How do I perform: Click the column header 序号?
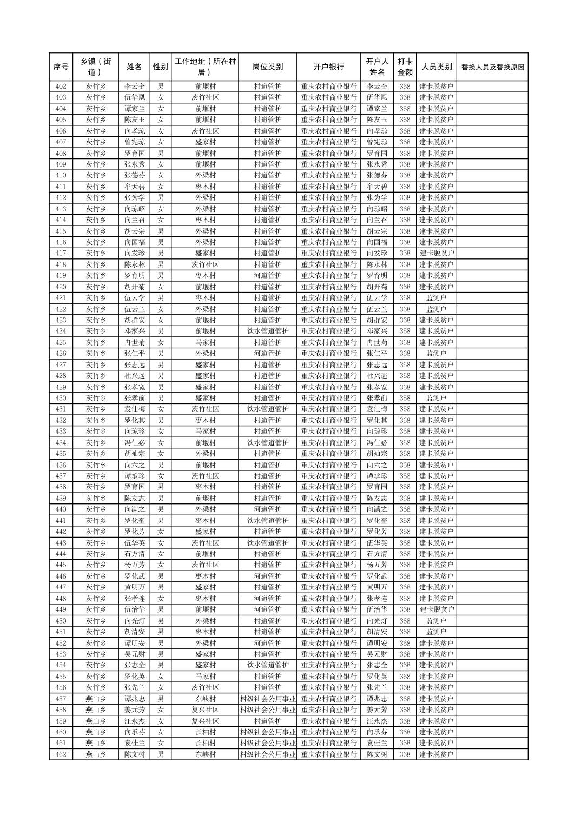61,67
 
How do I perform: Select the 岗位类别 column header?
267,67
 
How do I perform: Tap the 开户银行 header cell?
328,67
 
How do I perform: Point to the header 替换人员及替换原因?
492,68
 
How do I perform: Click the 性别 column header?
160,67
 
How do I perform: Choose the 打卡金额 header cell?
405,67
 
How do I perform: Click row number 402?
61,87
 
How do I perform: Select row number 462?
61,754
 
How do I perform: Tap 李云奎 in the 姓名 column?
134,87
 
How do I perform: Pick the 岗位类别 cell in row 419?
267,276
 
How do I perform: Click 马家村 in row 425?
205,342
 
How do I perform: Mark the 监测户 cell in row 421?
436,298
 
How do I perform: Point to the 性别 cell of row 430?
160,398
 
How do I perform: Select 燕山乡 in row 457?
96,699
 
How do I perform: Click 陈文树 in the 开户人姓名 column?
377,754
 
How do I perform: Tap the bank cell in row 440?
328,509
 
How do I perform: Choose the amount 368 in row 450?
405,621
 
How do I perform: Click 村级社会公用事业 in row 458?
267,710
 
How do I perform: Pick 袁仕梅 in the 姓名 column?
134,409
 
